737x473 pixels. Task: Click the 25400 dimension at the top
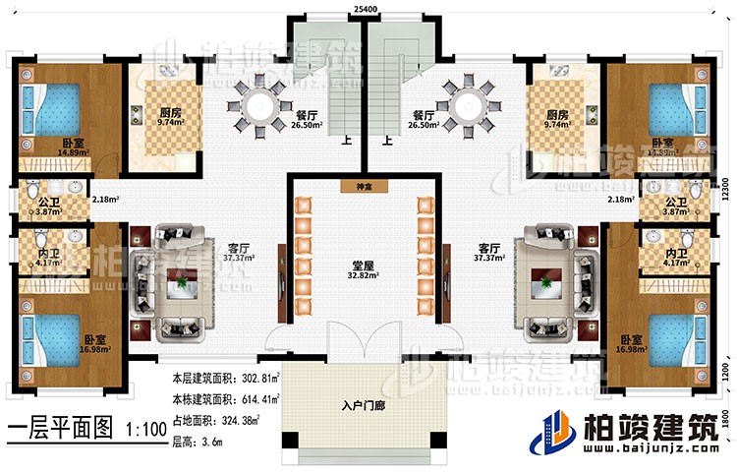[x=367, y=8]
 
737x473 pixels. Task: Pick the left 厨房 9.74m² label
[x=162, y=118]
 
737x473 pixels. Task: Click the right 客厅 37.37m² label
[x=489, y=252]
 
